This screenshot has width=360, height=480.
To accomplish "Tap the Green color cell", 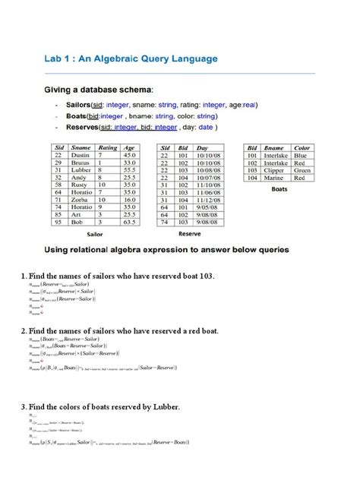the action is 302,169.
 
